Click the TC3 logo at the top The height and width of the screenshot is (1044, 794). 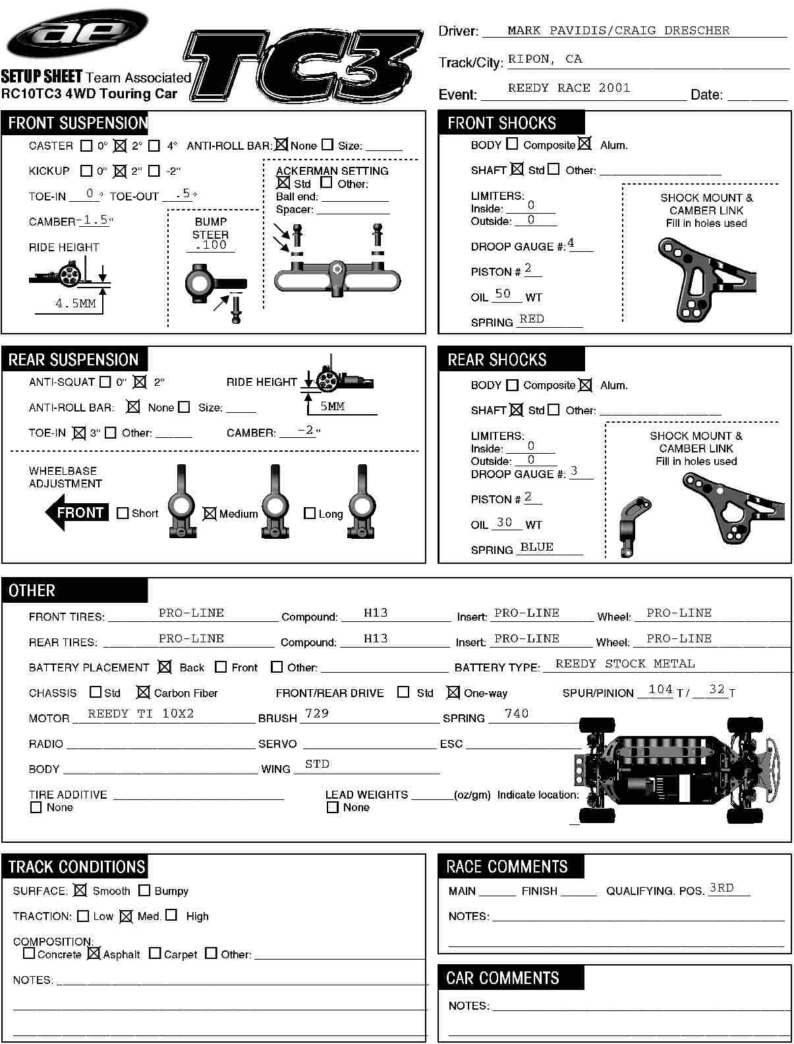[303, 66]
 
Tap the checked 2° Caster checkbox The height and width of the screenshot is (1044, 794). [120, 146]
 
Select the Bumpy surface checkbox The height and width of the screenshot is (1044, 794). [144, 890]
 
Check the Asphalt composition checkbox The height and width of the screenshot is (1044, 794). [94, 953]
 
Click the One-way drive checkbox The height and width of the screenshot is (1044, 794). [453, 692]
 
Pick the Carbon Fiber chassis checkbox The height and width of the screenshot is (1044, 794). [143, 692]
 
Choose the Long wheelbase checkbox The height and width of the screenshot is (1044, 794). [310, 513]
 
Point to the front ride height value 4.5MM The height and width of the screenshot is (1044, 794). [76, 303]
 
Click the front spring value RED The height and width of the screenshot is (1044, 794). [532, 319]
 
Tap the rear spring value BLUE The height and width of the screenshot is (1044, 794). [536, 547]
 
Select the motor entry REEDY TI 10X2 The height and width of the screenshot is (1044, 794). [141, 714]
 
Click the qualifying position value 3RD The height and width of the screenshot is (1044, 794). [722, 888]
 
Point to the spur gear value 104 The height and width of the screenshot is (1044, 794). [660, 689]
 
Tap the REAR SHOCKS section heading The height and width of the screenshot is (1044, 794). [497, 359]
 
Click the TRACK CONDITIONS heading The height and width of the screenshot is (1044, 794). [76, 867]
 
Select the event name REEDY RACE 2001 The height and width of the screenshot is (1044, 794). [569, 88]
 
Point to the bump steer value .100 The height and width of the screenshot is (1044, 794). [211, 245]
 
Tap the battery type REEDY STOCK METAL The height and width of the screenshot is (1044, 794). [625, 663]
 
